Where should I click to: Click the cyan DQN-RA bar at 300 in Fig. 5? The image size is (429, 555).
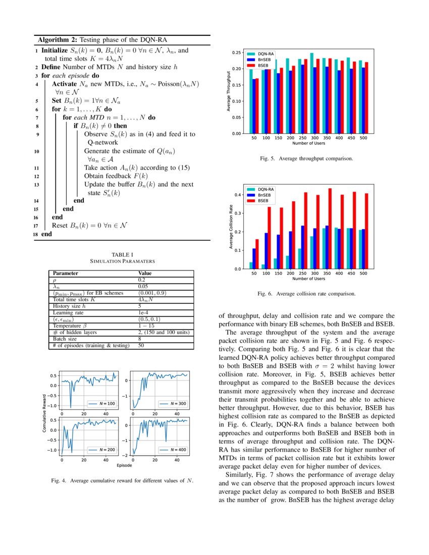coord(312,93)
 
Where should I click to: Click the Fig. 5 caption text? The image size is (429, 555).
coord(306,158)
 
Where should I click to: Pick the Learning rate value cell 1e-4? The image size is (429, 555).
coord(143,313)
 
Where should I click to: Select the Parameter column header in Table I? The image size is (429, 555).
coord(66,273)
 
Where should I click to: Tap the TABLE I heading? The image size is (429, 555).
coord(122,255)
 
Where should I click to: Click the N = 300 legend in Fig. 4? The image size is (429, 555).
coord(174,404)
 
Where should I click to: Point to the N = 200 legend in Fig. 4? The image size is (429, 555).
coord(104,450)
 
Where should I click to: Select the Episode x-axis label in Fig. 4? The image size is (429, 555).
coord(124,465)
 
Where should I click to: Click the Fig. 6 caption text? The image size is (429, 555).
coord(306,293)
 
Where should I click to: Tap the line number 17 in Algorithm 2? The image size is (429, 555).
coord(35,226)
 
